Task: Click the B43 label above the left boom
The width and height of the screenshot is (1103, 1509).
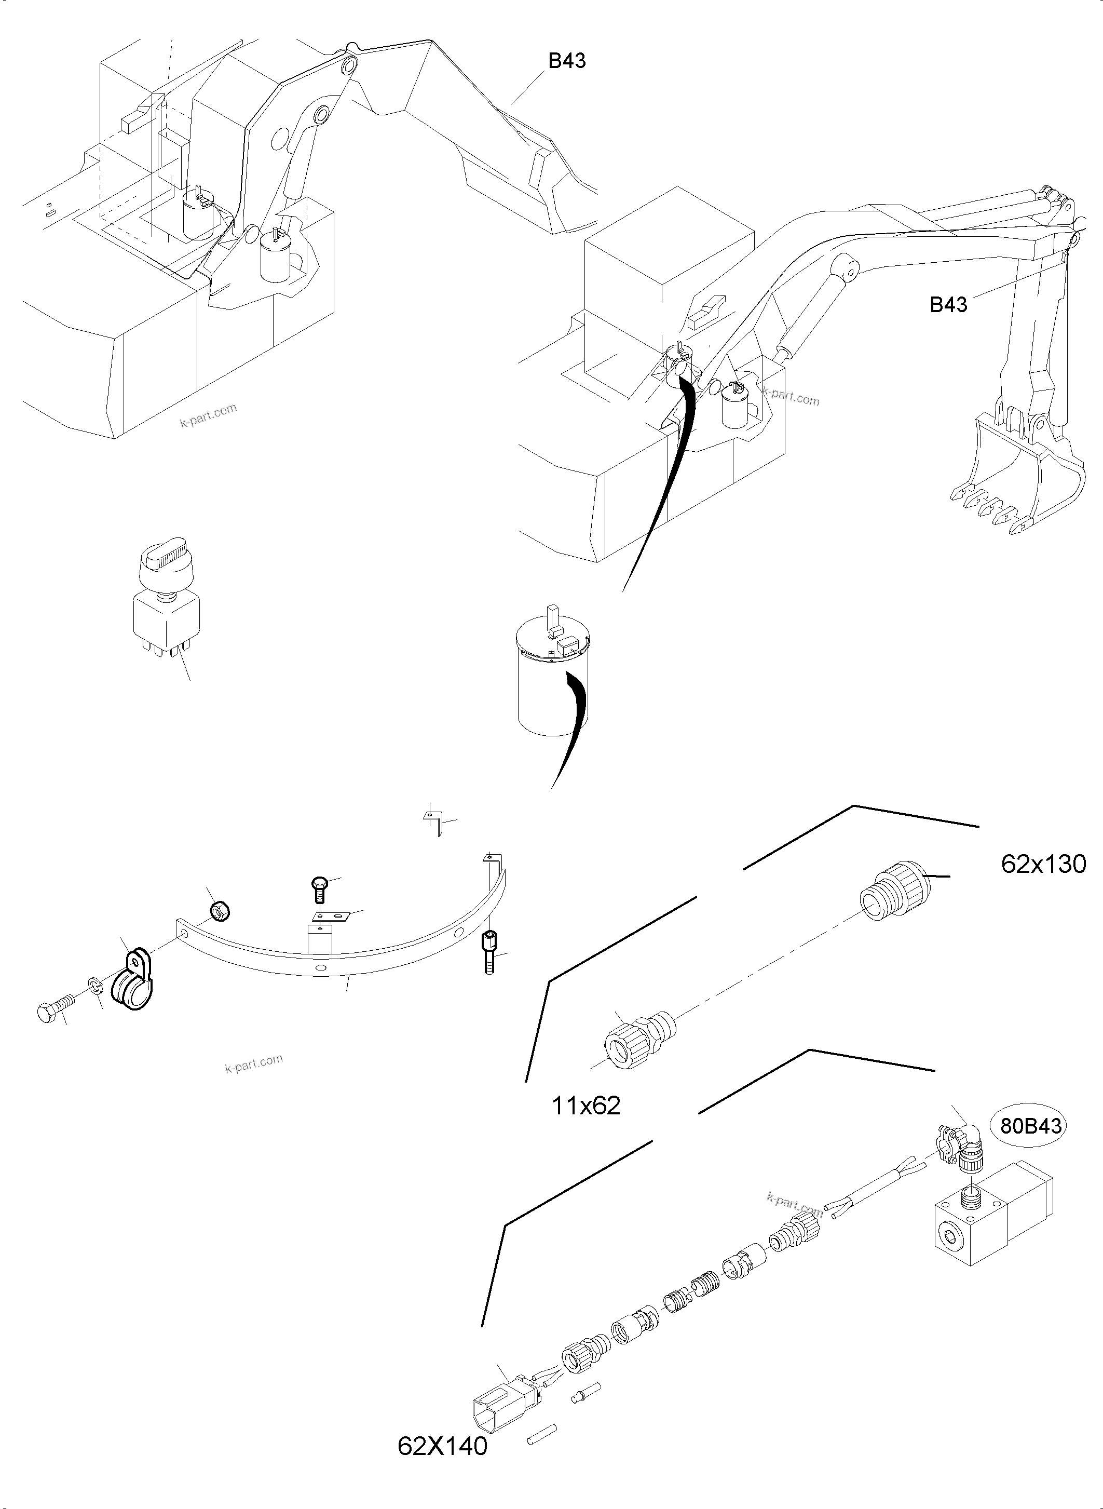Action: click(566, 61)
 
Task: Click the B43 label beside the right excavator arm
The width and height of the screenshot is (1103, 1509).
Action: click(948, 305)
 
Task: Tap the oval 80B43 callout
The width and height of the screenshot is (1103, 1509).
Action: click(1030, 1126)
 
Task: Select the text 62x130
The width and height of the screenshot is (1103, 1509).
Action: click(1043, 865)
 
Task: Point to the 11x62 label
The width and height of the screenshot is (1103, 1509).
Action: click(585, 1106)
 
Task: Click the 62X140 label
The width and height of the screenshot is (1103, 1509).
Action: click(442, 1446)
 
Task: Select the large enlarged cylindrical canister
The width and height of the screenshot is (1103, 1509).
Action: click(552, 675)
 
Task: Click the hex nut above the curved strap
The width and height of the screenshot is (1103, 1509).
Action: click(220, 910)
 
